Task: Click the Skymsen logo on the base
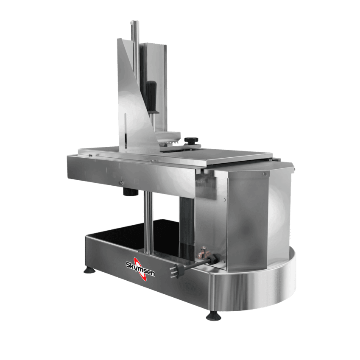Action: pos(140,268)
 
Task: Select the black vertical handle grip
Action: pos(151,97)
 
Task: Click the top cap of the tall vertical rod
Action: pos(133,23)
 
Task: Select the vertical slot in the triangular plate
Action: pos(125,131)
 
